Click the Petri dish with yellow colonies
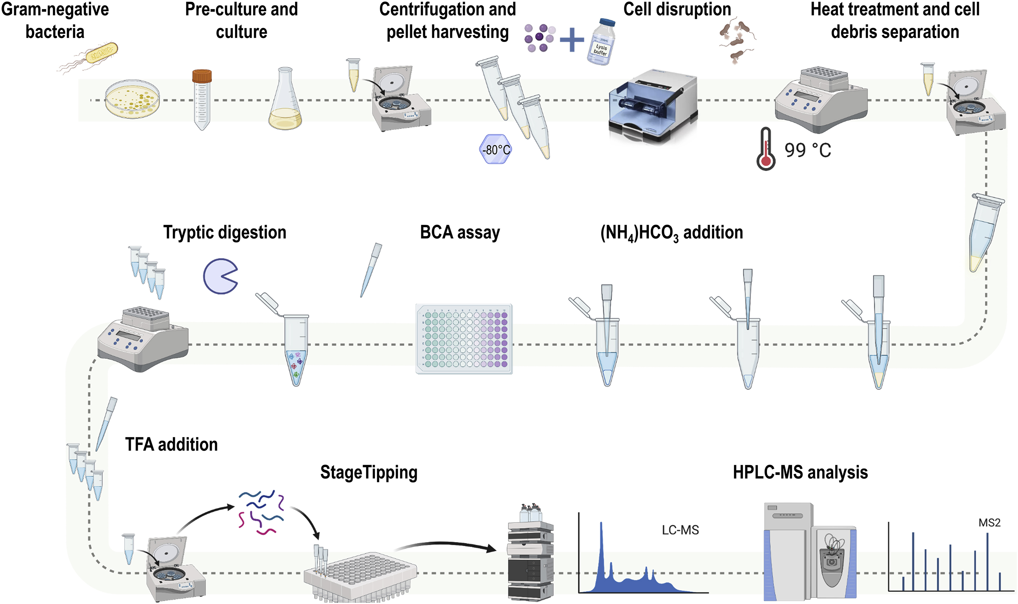pos(132,100)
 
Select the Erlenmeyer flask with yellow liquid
pos(285,102)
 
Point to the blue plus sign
pos(572,40)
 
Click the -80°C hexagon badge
pos(495,150)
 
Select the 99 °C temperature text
pos(808,150)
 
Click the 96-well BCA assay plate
pos(464,339)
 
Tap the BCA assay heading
pos(460,233)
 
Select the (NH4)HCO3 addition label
pos(671,233)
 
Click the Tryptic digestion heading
pos(225,233)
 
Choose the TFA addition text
pos(171,445)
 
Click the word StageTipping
pos(369,473)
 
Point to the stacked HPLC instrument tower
pos(531,557)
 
